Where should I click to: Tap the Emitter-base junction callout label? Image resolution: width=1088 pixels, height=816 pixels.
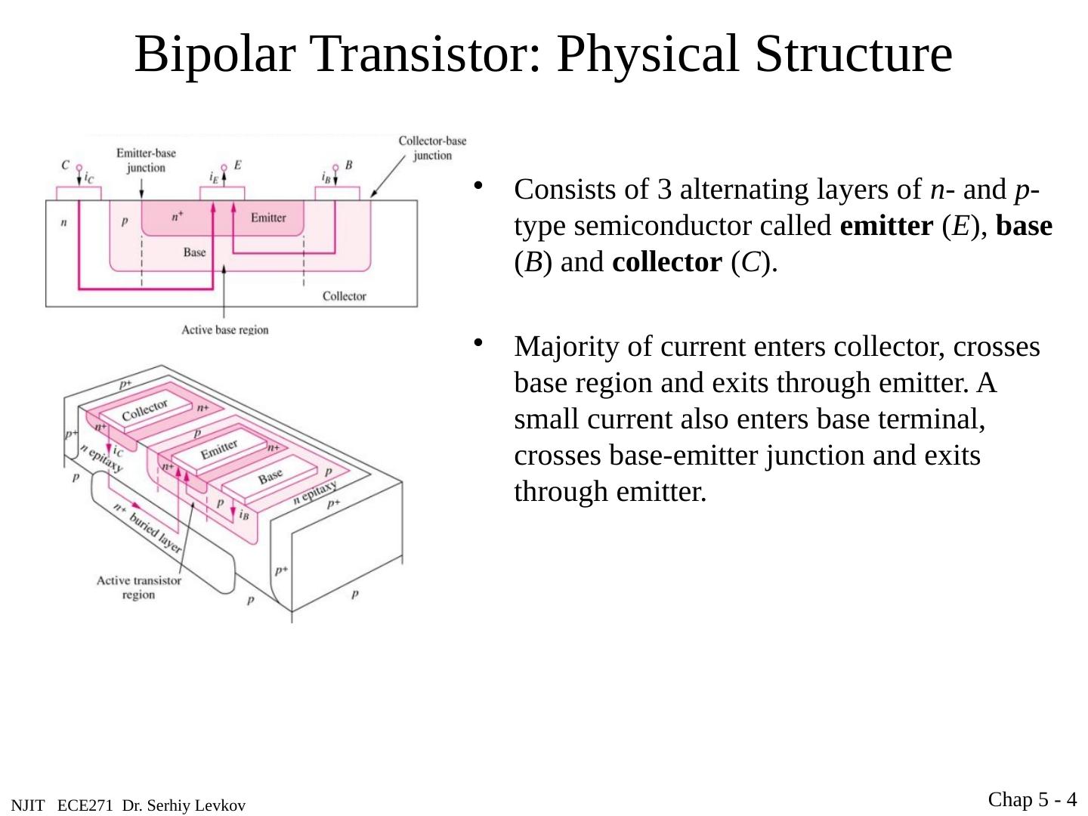click(146, 160)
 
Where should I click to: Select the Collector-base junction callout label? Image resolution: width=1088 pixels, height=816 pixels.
click(432, 148)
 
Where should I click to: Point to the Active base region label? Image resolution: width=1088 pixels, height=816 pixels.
click(224, 329)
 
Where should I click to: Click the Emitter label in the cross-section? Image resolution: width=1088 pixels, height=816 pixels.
click(268, 218)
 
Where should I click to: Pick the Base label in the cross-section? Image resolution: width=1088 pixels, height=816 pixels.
click(194, 252)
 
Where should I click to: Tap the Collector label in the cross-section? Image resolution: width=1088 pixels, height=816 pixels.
click(344, 296)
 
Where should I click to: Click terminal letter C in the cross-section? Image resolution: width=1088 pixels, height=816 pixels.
click(66, 165)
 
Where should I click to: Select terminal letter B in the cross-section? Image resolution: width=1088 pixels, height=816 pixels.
click(348, 165)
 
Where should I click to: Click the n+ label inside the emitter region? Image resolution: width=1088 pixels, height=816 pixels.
click(178, 217)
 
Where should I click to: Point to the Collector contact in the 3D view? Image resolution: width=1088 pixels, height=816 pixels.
click(145, 411)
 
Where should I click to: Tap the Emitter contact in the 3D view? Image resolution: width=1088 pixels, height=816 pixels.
click(219, 450)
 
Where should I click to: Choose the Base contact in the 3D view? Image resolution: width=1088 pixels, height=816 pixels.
click(270, 477)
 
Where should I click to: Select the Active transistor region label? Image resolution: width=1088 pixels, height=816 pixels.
click(138, 587)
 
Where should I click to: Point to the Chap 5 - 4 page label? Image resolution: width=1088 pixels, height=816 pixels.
click(1032, 799)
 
